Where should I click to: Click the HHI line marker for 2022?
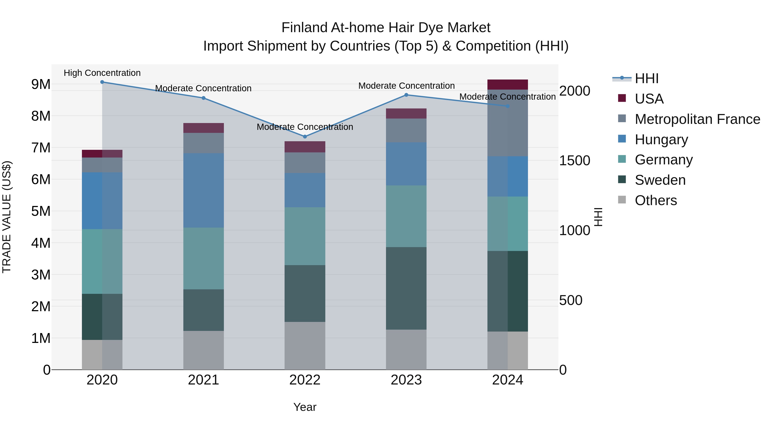[305, 137]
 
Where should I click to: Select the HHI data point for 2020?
[102, 82]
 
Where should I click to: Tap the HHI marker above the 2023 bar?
[406, 95]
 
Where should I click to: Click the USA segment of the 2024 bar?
[507, 84]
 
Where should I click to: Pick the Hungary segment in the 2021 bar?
[204, 191]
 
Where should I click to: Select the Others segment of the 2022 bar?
[305, 346]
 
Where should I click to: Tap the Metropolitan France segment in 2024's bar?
[507, 123]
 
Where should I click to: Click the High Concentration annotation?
[102, 73]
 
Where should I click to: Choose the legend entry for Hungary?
[661, 140]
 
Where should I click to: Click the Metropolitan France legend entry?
[697, 119]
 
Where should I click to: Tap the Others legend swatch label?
[656, 200]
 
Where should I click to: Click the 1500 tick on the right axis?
[574, 161]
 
